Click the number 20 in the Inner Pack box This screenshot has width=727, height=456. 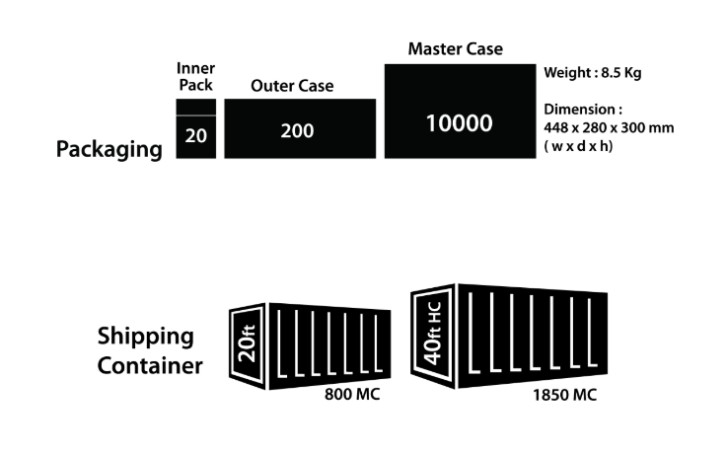(195, 136)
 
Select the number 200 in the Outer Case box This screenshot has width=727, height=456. (297, 129)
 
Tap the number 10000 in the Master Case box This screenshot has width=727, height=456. (459, 123)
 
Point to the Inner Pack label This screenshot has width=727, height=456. (195, 76)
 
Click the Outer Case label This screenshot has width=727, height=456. (292, 86)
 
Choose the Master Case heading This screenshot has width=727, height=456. (455, 48)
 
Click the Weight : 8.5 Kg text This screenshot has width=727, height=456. (593, 72)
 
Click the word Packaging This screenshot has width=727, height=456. (109, 149)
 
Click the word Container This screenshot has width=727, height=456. (150, 366)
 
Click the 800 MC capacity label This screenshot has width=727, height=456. (352, 395)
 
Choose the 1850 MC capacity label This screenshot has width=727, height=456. (563, 395)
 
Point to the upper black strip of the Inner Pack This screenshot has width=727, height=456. (195, 107)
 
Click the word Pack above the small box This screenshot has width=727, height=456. (195, 85)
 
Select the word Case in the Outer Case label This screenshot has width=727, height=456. (316, 86)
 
